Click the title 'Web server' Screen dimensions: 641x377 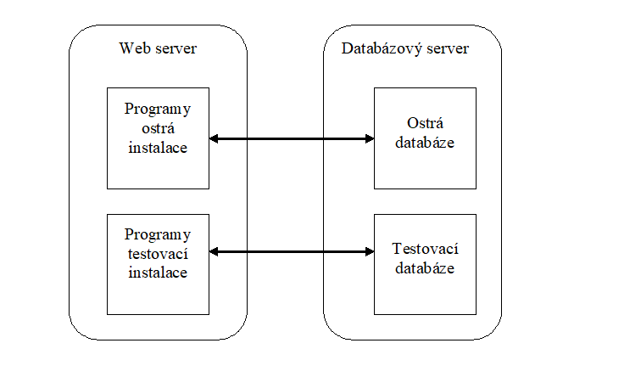pos(158,48)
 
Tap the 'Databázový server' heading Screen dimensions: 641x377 pos(405,48)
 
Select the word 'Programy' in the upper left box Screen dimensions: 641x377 pos(158,110)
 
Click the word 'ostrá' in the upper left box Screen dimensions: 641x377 pos(159,128)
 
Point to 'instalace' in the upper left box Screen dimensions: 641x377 pos(158,148)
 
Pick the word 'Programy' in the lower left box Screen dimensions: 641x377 pos(158,235)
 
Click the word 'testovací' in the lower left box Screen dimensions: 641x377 pos(158,254)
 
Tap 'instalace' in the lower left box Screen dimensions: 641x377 pos(158,273)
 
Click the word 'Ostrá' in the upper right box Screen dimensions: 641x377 pos(425,123)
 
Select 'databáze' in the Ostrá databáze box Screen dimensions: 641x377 pos(425,142)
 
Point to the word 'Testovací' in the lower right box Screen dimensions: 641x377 pos(425,249)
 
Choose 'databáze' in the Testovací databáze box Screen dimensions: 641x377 pos(425,268)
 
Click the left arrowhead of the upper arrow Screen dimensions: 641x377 pos(213,138)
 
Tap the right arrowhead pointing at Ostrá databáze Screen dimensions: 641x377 pos(370,138)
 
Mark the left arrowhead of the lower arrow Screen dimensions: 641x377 pos(213,251)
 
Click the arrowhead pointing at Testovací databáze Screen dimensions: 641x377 pos(370,251)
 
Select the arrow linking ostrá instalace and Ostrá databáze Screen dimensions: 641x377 pos(292,138)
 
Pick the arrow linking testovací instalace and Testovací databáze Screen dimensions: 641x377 pos(292,251)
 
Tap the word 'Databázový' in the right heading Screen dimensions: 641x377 pos(381,48)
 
